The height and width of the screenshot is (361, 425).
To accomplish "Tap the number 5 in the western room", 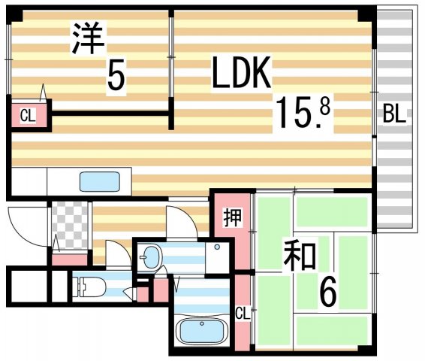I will [116, 75].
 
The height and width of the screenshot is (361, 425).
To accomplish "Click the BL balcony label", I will [393, 115].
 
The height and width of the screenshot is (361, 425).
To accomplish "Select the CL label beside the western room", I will [28, 116].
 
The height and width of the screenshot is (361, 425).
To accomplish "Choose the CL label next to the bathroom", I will [242, 312].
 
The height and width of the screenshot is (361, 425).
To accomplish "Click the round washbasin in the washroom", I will [151, 256].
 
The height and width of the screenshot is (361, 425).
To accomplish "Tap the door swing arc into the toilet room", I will [116, 253].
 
